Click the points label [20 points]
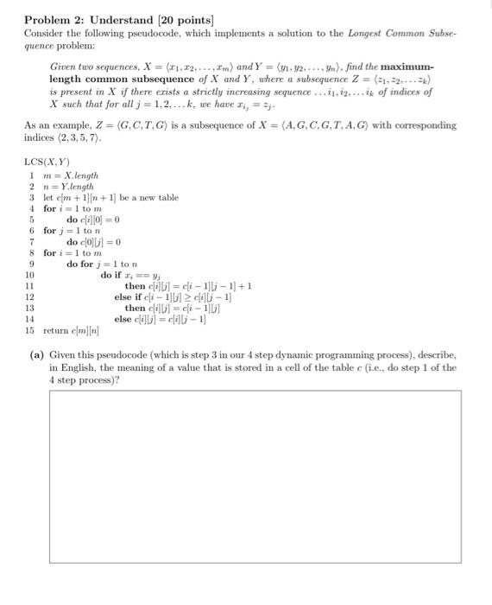click(x=192, y=20)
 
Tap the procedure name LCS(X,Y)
click(x=47, y=163)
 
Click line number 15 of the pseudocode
click(x=29, y=331)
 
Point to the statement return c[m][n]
click(x=76, y=331)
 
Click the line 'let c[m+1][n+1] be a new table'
click(x=111, y=197)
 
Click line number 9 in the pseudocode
click(x=30, y=264)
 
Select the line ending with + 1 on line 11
click(x=188, y=286)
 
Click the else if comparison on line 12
click(x=173, y=297)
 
